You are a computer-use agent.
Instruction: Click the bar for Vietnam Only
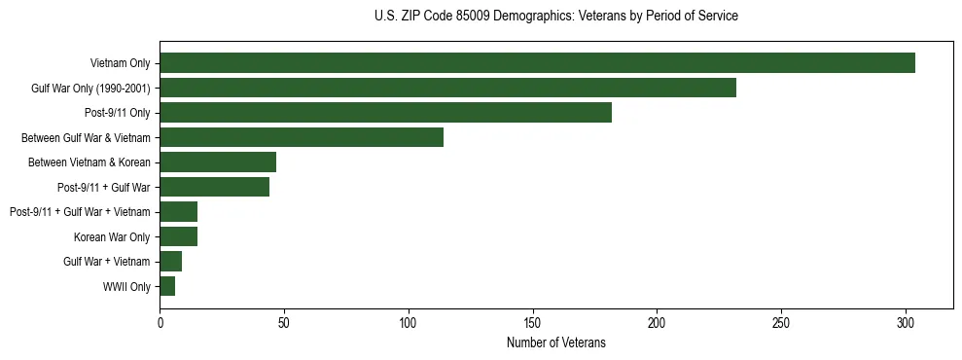(x=537, y=63)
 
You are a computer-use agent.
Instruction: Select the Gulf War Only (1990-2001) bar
(x=447, y=88)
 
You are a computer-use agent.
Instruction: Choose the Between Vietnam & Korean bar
(x=218, y=162)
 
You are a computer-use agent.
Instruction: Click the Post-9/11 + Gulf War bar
(x=214, y=187)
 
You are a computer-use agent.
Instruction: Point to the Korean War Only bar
(x=178, y=236)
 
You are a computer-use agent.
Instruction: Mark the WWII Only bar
(x=167, y=286)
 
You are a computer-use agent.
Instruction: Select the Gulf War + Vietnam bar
(x=170, y=262)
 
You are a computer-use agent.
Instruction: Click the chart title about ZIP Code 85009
(x=555, y=17)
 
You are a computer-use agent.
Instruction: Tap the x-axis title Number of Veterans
(x=555, y=342)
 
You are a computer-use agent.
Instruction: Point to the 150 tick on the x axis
(x=533, y=322)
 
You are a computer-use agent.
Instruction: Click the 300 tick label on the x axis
(x=906, y=322)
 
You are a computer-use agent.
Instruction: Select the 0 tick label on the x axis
(x=160, y=322)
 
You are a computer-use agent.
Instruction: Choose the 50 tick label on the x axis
(x=284, y=322)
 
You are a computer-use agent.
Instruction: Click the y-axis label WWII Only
(x=126, y=286)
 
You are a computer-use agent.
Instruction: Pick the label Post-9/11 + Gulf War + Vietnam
(x=80, y=212)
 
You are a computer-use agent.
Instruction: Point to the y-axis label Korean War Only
(x=112, y=236)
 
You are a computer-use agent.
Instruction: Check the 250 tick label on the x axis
(x=781, y=322)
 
